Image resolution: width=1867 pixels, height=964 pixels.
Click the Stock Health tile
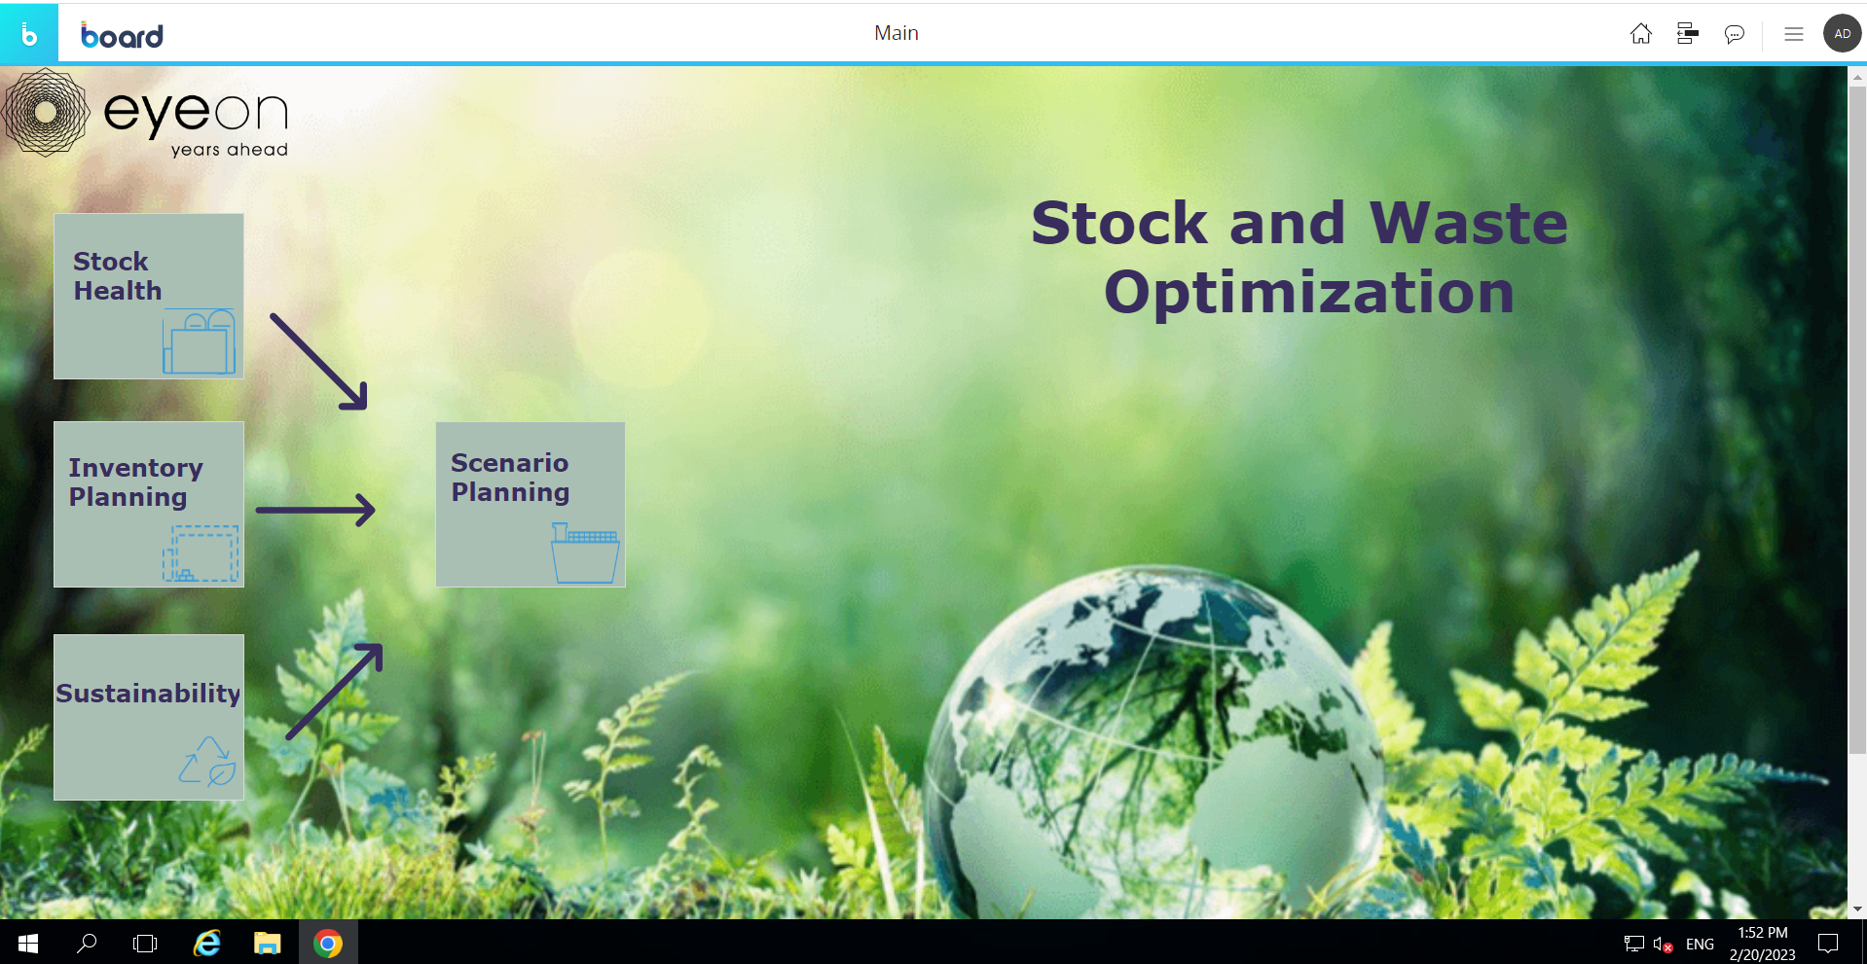pos(148,296)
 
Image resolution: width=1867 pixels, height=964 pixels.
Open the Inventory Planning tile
pos(148,504)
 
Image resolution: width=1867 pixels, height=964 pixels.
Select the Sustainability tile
pos(148,717)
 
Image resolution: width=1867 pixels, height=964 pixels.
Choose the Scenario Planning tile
pos(531,504)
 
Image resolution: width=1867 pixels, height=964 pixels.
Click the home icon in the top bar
pos(1641,34)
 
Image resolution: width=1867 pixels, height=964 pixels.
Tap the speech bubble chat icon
pos(1735,34)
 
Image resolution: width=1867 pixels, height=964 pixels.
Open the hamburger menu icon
pos(1794,34)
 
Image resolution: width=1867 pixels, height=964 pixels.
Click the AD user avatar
pos(1842,33)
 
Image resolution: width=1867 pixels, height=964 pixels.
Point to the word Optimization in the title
pos(1309,293)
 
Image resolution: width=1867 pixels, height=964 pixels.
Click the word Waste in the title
pos(1469,223)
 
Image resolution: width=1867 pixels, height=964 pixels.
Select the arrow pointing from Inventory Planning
pos(315,510)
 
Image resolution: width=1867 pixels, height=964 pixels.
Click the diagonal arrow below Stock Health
pos(319,362)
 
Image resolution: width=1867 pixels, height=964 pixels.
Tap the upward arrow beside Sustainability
pos(334,692)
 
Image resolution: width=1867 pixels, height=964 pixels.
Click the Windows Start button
pos(28,943)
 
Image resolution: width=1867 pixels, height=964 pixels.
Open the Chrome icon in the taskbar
pos(328,943)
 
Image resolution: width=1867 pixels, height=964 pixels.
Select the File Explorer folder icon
pos(267,943)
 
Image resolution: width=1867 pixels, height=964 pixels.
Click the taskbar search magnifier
pos(87,943)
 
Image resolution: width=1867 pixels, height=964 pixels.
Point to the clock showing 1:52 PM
pos(1763,933)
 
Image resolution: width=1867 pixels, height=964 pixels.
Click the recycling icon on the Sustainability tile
pos(207,761)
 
